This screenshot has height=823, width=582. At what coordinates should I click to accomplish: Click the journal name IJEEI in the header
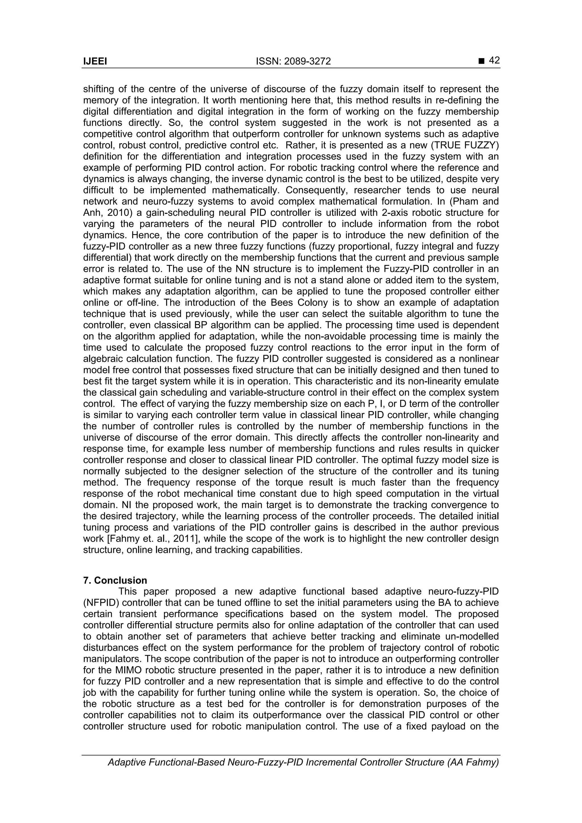pos(95,62)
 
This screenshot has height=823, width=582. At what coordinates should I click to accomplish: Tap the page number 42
pos(494,61)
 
